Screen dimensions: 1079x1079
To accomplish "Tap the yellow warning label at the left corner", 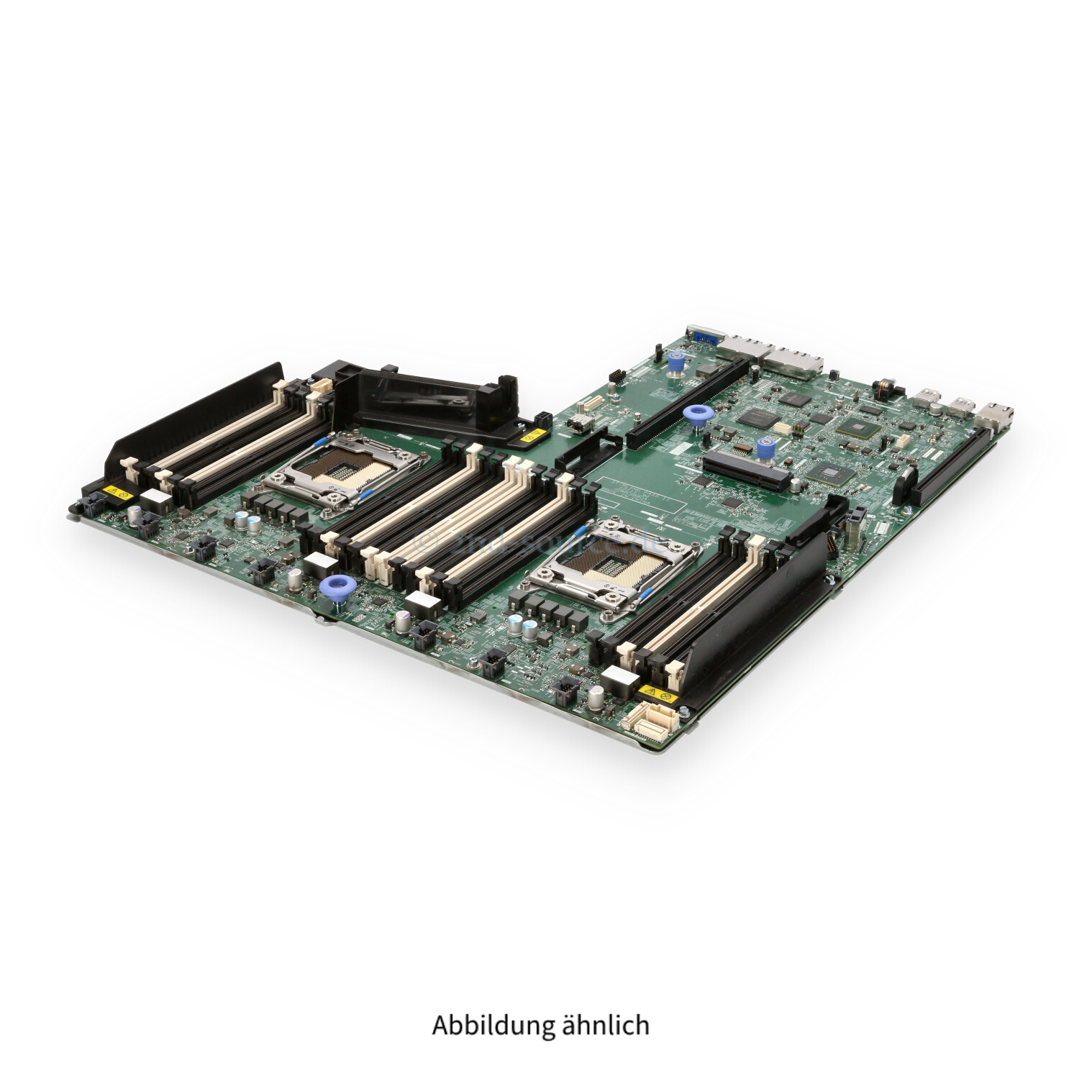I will click(115, 492).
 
